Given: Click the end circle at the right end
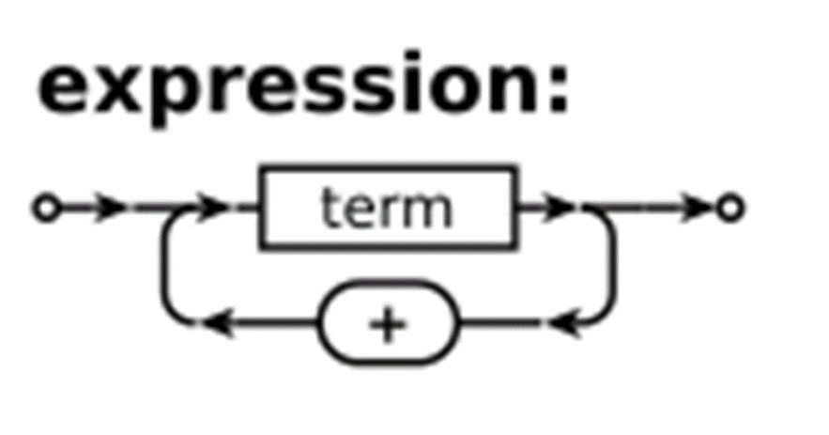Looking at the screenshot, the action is pyautogui.click(x=730, y=208).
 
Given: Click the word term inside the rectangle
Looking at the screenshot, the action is pyautogui.click(x=386, y=208).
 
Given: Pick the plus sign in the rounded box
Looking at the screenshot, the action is pyautogui.click(x=388, y=325).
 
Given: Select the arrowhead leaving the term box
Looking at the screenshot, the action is pyautogui.click(x=561, y=208).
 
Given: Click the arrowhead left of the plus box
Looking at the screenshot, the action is pyautogui.click(x=215, y=325).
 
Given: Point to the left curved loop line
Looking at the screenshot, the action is pyautogui.click(x=169, y=268).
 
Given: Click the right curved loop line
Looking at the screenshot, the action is pyautogui.click(x=610, y=268).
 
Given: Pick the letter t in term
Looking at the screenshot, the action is pyautogui.click(x=328, y=208).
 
